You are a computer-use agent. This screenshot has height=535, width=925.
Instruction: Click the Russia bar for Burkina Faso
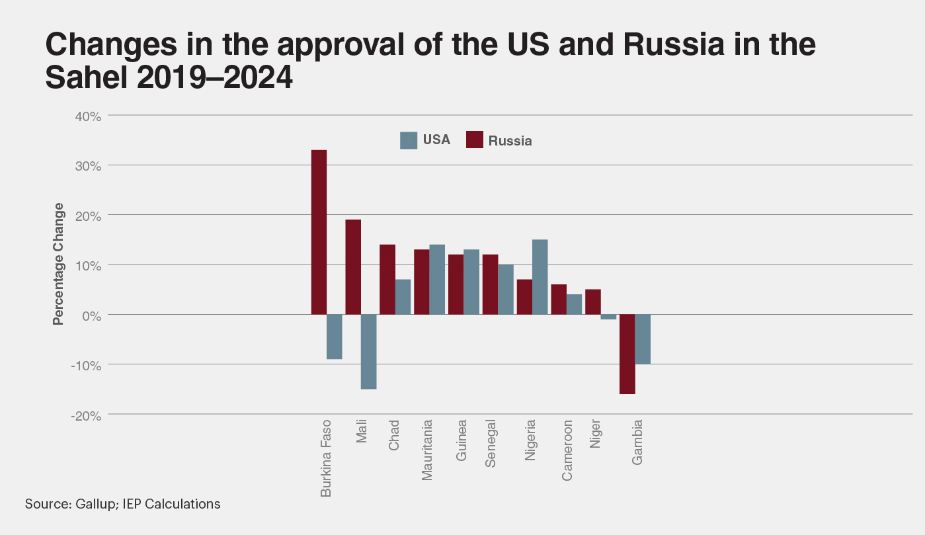(319, 232)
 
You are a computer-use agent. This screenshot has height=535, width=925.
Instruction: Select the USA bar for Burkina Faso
(335, 337)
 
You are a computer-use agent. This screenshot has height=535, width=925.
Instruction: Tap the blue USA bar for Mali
(369, 351)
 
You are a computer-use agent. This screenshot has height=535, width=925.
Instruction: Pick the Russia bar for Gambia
(627, 354)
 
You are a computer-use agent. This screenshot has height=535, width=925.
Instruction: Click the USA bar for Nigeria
(540, 277)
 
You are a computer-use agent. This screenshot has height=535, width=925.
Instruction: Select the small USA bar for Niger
(609, 317)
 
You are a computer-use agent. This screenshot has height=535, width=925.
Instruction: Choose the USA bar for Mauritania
(437, 279)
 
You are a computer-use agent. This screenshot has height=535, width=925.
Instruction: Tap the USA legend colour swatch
(409, 140)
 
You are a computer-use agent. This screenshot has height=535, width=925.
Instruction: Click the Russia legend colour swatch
(475, 140)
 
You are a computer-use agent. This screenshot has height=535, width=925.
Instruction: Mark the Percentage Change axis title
(58, 264)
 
